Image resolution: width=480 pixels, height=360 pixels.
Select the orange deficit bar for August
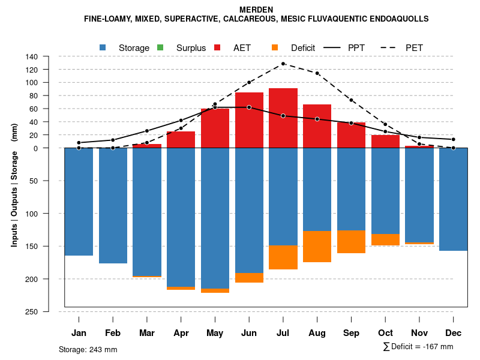coord(317,247)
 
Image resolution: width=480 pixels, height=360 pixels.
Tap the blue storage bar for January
coord(79,202)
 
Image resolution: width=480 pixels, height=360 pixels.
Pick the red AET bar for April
coord(181,140)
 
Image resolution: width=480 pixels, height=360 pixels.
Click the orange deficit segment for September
coord(351,242)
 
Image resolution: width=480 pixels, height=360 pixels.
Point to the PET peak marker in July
coord(283,64)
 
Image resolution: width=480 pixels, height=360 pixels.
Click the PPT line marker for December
coord(454,139)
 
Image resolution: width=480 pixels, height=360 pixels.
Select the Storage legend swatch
coord(103,47)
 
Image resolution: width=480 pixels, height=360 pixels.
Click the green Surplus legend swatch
coord(160,47)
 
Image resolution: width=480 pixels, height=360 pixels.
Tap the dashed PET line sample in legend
coord(388,47)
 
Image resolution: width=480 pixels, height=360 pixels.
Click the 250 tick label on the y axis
coord(32,311)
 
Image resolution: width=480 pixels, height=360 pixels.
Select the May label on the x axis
coord(215,333)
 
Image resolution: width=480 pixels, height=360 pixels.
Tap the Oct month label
coord(385,333)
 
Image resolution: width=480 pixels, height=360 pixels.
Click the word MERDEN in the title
coord(256,10)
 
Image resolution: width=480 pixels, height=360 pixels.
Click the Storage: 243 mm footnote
coord(88,349)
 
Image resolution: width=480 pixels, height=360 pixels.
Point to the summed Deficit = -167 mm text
coord(418,347)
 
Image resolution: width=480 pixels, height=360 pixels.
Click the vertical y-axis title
coord(14,185)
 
